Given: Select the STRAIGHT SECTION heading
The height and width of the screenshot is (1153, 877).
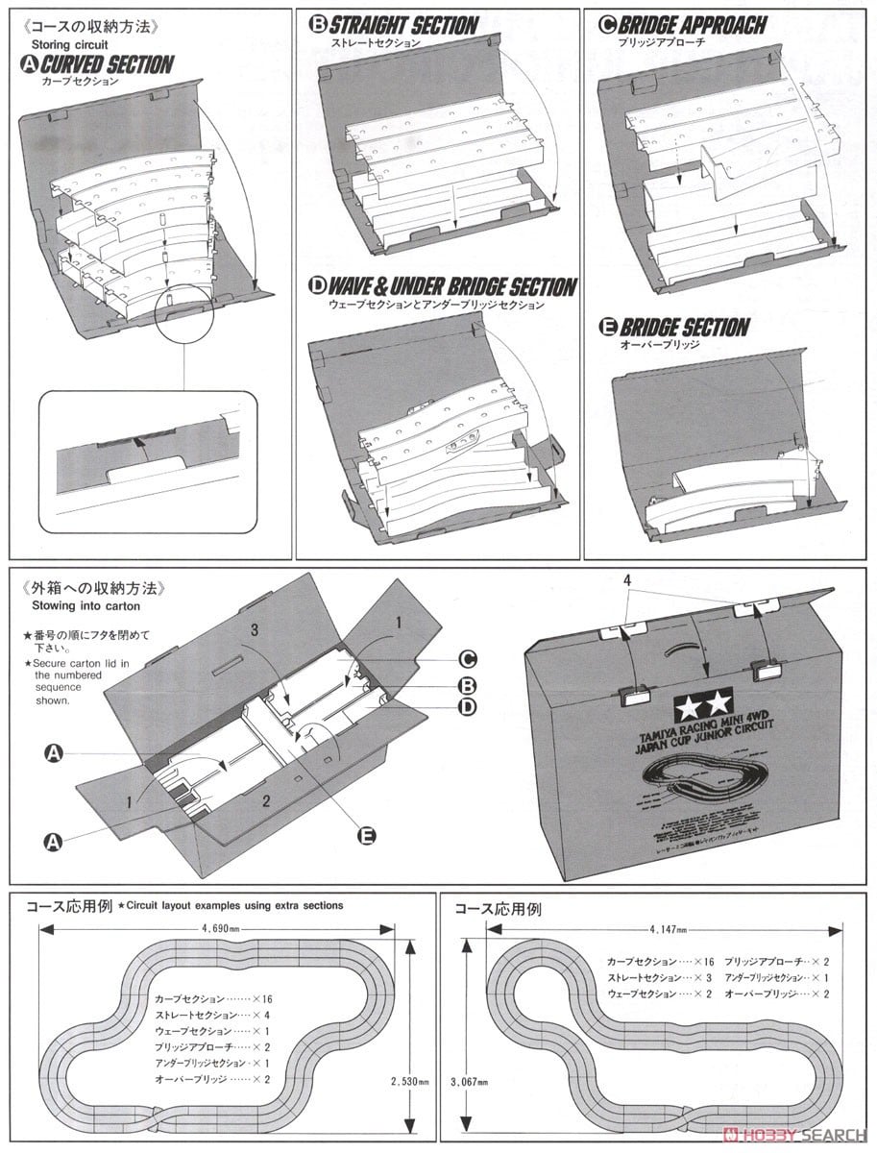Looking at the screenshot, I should pos(403,26).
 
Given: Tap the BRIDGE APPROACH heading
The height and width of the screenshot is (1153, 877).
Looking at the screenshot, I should pos(694,26).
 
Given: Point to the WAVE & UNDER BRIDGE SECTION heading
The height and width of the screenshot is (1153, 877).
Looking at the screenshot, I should pos(451,287).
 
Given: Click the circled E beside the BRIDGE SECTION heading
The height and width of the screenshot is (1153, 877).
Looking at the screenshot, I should pos(606,328).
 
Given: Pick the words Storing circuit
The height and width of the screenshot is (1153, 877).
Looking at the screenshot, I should pos(69,45).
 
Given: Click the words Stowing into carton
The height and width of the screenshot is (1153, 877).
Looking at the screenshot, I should pos(85,605).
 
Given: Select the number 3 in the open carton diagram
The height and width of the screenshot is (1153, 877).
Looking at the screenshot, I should pos(255,630).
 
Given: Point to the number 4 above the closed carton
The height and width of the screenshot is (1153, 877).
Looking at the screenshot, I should pos(625,580).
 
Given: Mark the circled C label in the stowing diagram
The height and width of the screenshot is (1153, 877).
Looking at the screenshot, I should pos(468,659).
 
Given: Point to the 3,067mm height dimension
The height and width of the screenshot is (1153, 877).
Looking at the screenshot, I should pos(469,1080).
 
